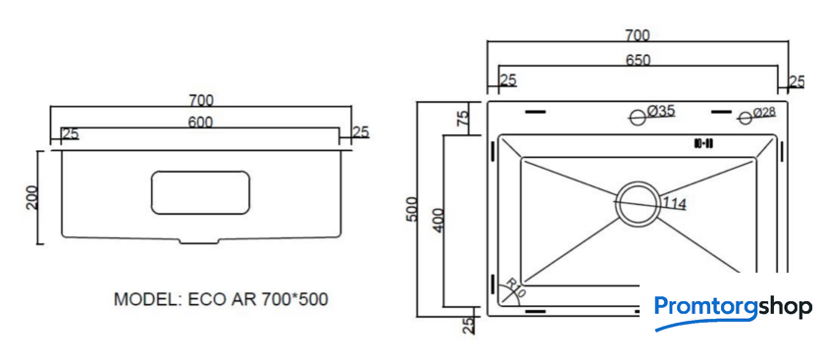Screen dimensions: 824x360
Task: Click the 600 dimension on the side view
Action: click(200, 122)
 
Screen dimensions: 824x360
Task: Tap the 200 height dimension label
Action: click(32, 197)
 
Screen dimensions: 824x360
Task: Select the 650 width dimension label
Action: click(638, 60)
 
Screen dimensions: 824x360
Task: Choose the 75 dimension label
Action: click(463, 117)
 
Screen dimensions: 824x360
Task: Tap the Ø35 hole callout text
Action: click(660, 111)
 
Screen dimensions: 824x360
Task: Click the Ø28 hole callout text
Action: click(764, 112)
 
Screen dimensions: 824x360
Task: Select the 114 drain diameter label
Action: click(674, 203)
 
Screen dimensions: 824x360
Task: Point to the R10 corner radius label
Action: click(514, 288)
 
